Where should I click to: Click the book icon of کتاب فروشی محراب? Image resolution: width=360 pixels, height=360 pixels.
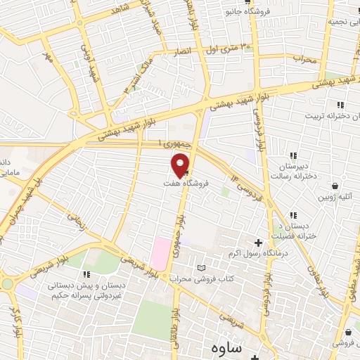[202, 268]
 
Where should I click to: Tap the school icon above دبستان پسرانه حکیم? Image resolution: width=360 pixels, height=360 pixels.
[86, 275]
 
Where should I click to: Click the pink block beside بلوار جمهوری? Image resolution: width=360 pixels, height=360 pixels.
[161, 253]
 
